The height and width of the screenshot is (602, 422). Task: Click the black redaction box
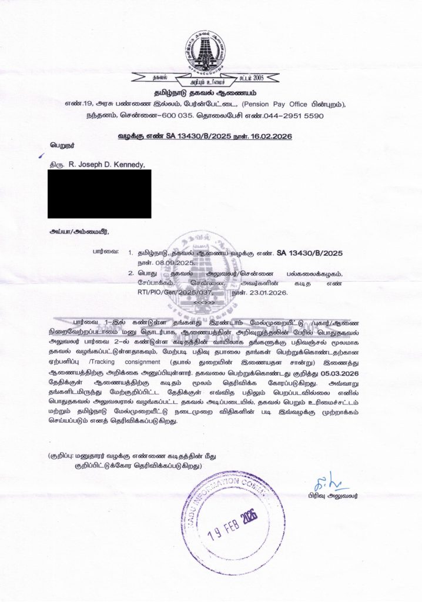click(100, 193)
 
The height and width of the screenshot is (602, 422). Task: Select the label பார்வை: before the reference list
click(105, 252)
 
